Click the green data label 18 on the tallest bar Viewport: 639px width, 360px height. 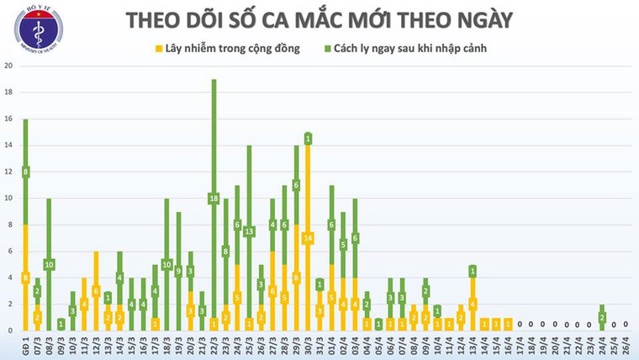click(x=214, y=199)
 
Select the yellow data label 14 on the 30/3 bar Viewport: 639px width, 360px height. click(x=309, y=238)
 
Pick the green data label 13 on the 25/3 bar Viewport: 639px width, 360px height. click(x=249, y=231)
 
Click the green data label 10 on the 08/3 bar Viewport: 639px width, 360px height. click(x=49, y=264)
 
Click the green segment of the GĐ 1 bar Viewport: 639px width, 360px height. click(x=25, y=172)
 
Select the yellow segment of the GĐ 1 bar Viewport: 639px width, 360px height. click(x=25, y=278)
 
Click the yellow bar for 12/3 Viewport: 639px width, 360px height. click(x=96, y=290)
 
